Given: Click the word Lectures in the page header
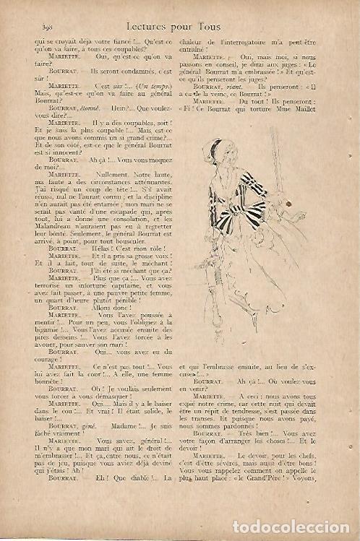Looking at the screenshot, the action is point(150,25).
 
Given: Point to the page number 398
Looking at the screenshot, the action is point(41,26).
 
